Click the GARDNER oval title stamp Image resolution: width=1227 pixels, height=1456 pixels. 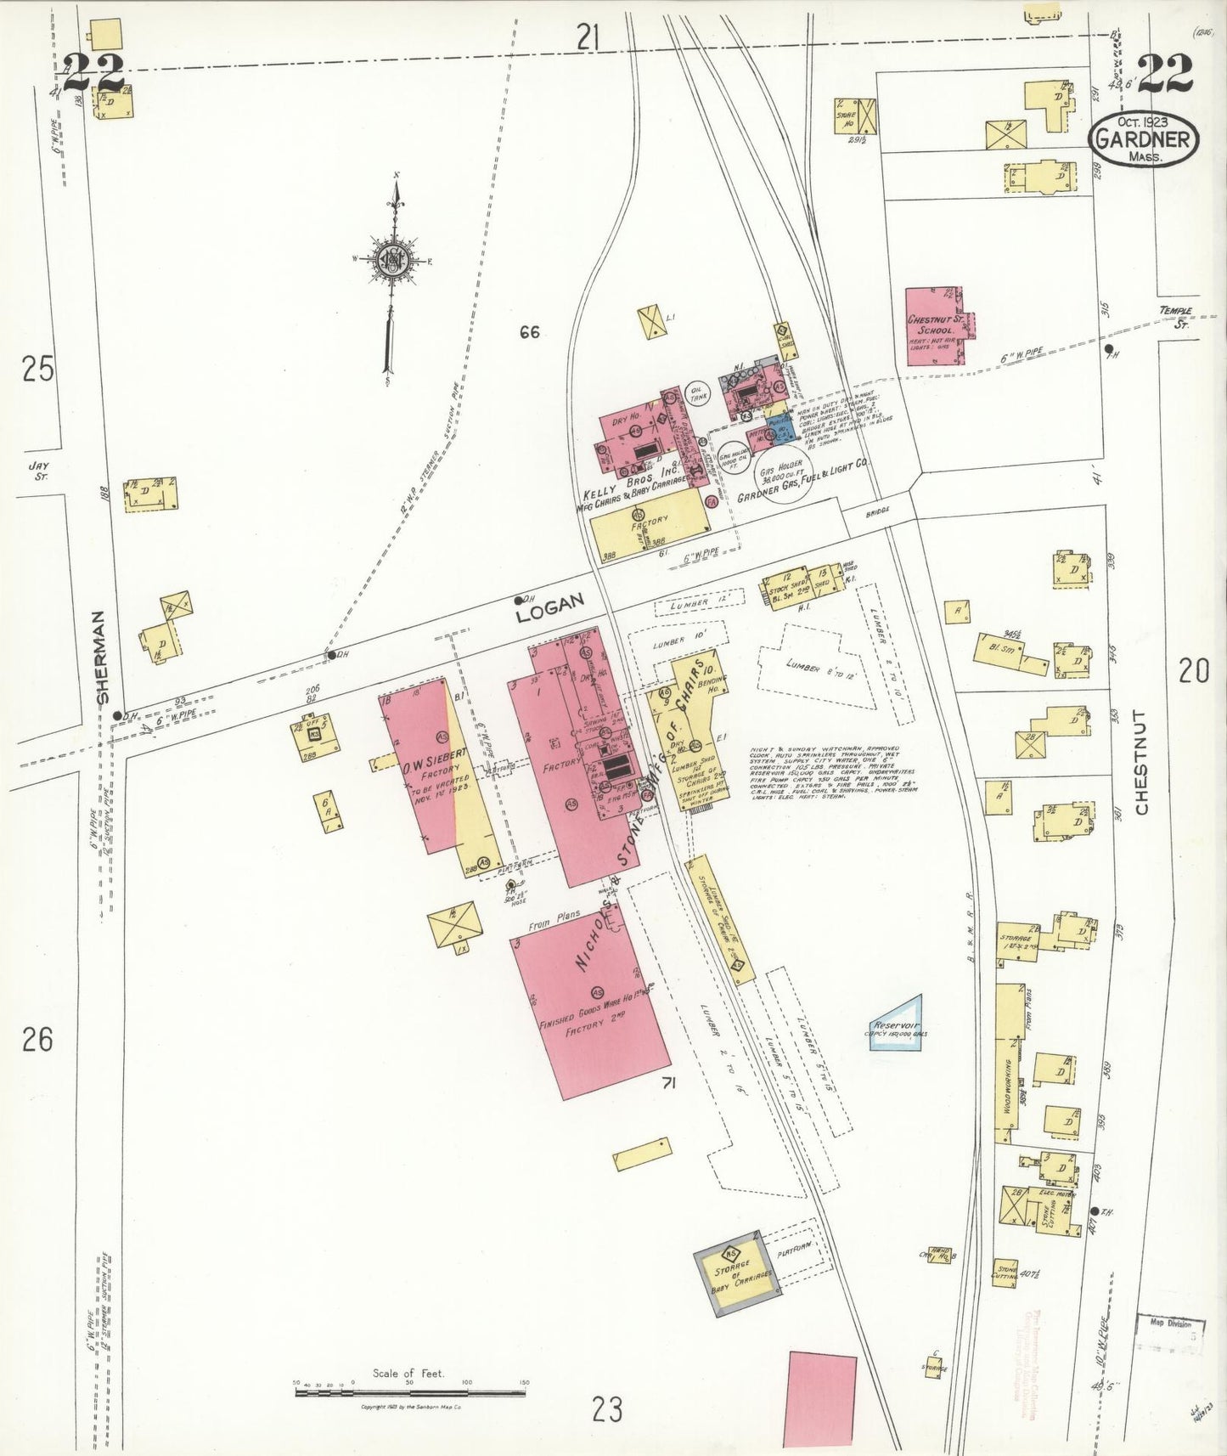click(1144, 138)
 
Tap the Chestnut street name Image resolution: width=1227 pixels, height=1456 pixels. click(1140, 762)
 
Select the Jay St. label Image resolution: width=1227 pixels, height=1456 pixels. click(38, 470)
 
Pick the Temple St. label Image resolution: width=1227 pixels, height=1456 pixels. click(1176, 317)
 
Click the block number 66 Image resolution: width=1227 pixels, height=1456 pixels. click(529, 332)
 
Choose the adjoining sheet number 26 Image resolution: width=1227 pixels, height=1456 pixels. click(37, 1039)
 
